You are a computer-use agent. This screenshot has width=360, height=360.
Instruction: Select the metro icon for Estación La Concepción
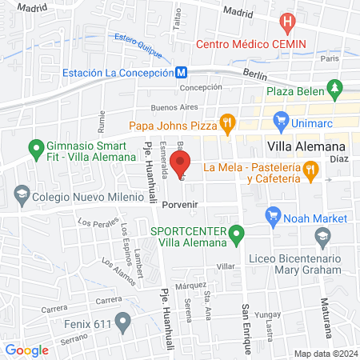(x=183, y=72)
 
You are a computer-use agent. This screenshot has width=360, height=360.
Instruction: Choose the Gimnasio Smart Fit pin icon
(x=34, y=148)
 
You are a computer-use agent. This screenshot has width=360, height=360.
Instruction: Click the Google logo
(x=26, y=350)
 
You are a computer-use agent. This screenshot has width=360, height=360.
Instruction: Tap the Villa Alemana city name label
(x=305, y=147)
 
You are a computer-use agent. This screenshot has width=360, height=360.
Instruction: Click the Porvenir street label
(x=179, y=205)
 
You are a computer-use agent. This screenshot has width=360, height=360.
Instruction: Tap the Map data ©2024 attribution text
(x=326, y=354)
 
